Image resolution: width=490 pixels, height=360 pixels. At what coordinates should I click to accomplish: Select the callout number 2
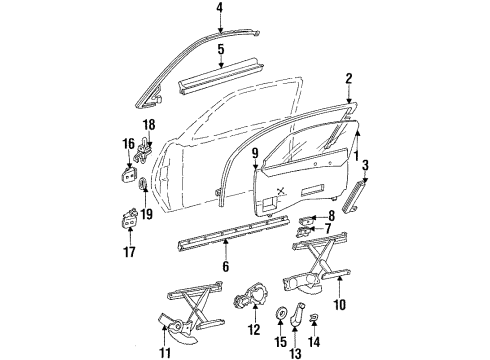pos(349,78)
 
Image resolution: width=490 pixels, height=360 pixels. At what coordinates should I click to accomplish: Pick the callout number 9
pos(255,153)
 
